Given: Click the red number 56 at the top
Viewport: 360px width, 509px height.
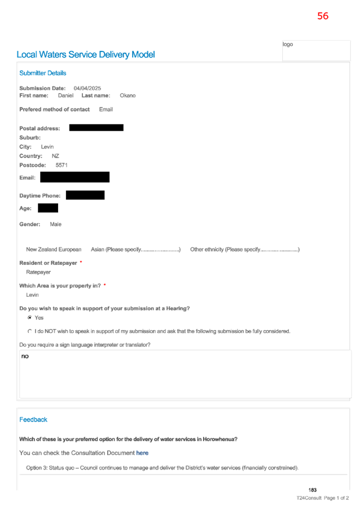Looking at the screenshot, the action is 323,16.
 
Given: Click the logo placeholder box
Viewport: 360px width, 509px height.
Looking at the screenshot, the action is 316,50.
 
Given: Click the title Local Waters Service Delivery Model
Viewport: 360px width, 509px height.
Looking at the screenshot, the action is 86,55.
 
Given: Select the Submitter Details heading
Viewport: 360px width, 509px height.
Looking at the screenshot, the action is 42,73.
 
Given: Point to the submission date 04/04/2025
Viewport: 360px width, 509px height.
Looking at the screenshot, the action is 87,88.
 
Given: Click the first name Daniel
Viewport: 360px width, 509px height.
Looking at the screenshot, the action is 65,95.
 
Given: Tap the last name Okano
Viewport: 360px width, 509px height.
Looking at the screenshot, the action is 128,95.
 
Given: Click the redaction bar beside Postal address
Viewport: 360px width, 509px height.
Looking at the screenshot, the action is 96,128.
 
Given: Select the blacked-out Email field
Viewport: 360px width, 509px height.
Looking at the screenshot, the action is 74,177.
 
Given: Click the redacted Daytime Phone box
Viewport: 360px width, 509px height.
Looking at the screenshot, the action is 85,195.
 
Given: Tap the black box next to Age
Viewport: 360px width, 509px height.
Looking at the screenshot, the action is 48,208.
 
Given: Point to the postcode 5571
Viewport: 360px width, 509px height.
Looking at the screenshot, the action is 62,165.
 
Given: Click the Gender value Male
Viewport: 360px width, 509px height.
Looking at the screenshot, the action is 55,225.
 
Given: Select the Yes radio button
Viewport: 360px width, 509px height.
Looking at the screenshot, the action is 30,318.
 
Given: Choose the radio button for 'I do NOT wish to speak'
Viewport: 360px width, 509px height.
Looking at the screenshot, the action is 30,331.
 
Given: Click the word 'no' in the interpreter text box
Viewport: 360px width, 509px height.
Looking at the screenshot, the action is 25,357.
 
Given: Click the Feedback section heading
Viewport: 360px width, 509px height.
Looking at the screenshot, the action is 33,420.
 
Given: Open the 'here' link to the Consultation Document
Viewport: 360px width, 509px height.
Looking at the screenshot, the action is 142,453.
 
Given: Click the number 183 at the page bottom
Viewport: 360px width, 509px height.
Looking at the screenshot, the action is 313,490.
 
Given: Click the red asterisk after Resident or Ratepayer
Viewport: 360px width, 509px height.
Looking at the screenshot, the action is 81,262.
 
